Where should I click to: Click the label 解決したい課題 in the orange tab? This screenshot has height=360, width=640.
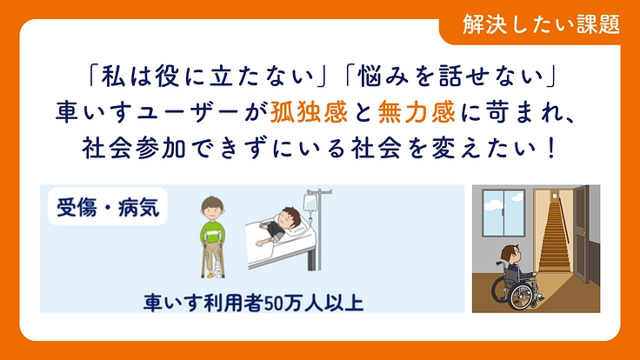pos(542,24)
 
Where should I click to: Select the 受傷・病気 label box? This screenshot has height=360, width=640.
pos(108,209)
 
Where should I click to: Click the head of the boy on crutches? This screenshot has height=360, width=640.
pos(211,209)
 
